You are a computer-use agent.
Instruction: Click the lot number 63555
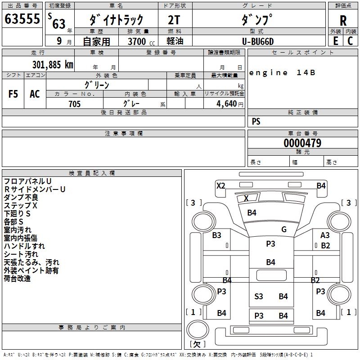point(22,19)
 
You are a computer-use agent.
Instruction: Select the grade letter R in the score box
point(343,20)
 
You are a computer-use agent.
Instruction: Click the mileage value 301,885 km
point(52,65)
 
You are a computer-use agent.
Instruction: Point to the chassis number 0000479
point(302,143)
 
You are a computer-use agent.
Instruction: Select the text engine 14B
point(282,73)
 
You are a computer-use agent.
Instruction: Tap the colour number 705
point(74,104)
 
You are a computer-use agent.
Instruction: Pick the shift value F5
point(13,94)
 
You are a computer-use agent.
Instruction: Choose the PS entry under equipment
point(256,121)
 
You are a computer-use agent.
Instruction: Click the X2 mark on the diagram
point(221,185)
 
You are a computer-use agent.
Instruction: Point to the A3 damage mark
point(325,235)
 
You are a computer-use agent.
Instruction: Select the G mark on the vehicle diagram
point(284,229)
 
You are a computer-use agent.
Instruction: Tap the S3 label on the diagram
point(259,296)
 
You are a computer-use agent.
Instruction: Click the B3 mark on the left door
point(217,235)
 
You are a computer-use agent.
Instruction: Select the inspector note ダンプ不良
point(21,198)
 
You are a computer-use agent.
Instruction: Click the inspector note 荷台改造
point(18,279)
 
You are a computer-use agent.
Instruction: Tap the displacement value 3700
point(137,41)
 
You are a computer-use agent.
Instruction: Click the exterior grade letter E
point(335,41)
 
